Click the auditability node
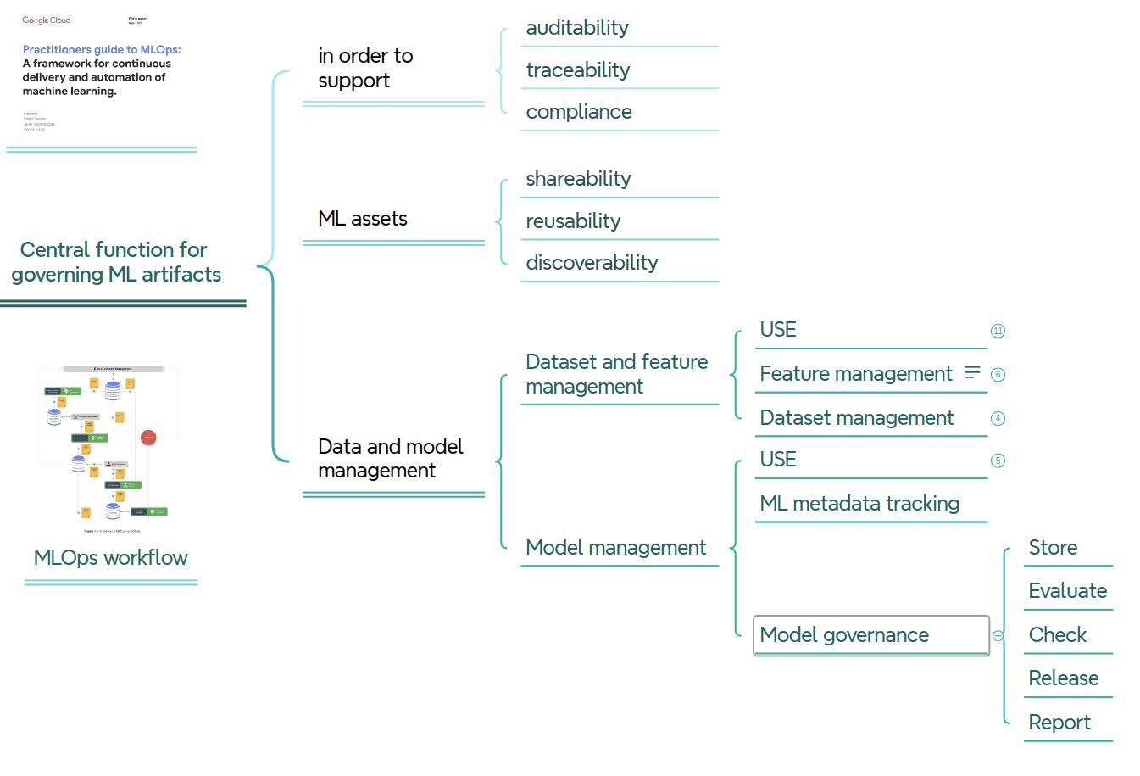tap(577, 28)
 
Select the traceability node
tap(577, 70)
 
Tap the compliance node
tap(578, 112)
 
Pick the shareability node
tap(578, 179)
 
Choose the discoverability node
tap(592, 263)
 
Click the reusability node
tap(573, 221)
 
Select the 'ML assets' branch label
tap(363, 219)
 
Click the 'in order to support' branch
tap(365, 68)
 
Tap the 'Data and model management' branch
tap(390, 458)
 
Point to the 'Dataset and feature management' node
tap(616, 374)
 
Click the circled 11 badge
tap(998, 331)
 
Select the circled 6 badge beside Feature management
tap(998, 374)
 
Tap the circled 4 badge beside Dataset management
tap(998, 418)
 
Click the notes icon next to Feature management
tap(972, 372)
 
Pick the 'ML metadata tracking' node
tap(859, 504)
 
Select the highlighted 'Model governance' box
tap(870, 635)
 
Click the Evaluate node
tap(1067, 591)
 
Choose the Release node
tap(1063, 678)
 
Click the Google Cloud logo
tap(47, 20)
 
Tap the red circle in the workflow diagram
tap(148, 438)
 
